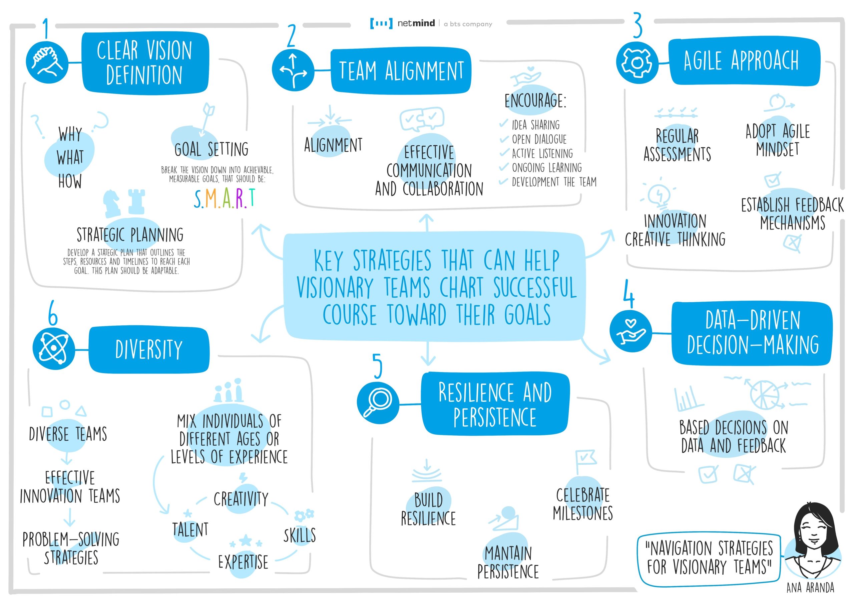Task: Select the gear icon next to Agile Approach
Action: click(x=637, y=62)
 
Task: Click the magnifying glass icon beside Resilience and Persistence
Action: click(x=378, y=402)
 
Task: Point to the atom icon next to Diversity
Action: click(x=54, y=348)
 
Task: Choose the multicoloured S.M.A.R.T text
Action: click(x=225, y=198)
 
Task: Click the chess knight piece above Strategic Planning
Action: click(x=112, y=203)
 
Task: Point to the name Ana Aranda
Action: click(x=810, y=588)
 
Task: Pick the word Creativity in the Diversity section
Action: click(x=241, y=499)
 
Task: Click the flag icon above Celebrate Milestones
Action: click(x=585, y=460)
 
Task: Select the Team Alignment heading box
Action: click(x=401, y=71)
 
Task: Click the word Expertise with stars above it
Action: click(x=243, y=562)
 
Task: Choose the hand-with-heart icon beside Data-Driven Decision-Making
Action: click(x=630, y=331)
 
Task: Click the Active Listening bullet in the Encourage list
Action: click(x=542, y=153)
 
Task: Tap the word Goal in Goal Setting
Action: click(x=188, y=149)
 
